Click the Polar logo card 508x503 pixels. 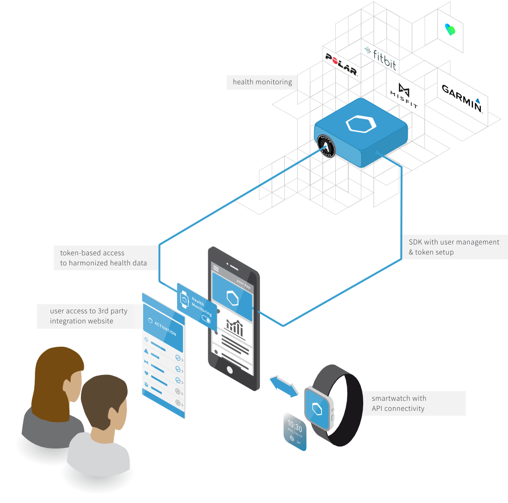pos(341,63)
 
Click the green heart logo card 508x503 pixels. pos(450,30)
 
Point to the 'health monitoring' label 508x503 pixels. pos(262,82)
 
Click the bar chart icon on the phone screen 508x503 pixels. pos(235,327)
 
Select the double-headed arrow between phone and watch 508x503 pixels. pos(284,386)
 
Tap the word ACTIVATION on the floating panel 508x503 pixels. pos(165,328)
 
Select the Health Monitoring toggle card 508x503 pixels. pos(196,306)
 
